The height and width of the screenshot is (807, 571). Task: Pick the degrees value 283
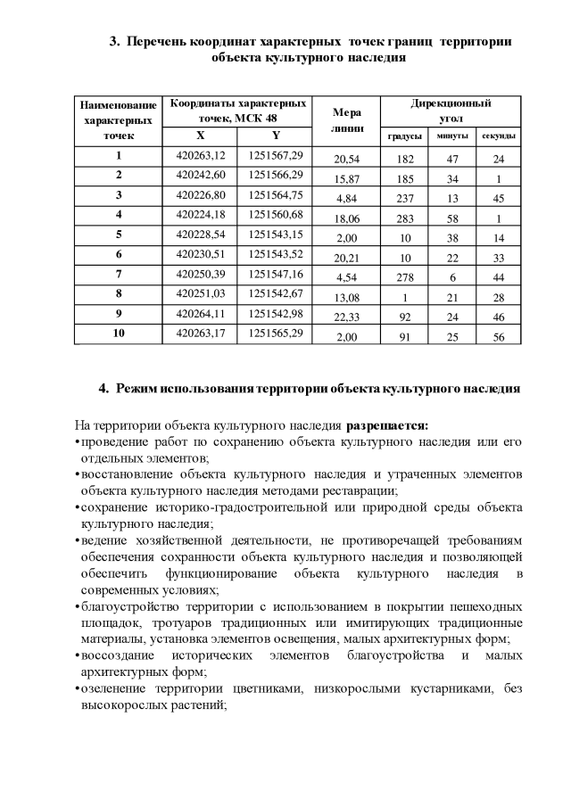coord(404,218)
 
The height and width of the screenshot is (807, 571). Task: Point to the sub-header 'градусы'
coord(404,136)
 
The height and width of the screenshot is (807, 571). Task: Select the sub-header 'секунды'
coord(500,136)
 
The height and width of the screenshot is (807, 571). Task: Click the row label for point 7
coord(118,272)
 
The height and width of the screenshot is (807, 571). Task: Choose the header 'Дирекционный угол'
coord(451,111)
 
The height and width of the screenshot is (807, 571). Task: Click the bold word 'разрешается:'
coord(388,424)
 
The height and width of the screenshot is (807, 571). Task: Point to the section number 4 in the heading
coord(103,390)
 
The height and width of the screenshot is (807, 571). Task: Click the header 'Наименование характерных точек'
coord(118,120)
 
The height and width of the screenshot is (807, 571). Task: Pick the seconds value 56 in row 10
coord(500,338)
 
